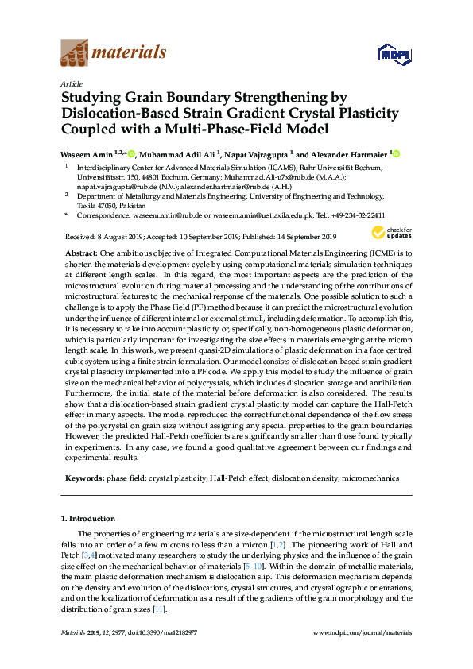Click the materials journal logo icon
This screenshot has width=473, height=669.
coord(75,53)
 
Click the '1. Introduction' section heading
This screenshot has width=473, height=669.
coord(87,518)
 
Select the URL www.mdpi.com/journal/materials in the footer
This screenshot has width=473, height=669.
coord(363,633)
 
